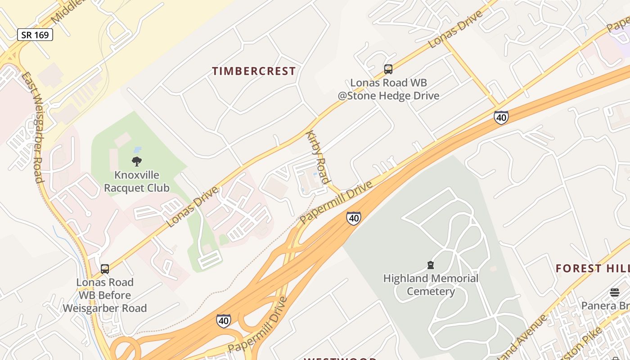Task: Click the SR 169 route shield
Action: coord(35,35)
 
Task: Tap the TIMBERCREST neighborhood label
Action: coord(254,71)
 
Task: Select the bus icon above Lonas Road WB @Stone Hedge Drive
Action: coord(388,69)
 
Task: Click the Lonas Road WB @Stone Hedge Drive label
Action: coord(388,89)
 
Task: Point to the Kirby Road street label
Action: coord(318,157)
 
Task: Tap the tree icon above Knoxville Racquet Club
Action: coord(137,162)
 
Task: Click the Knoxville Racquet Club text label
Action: coord(137,181)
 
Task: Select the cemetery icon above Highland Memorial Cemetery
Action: coord(431,265)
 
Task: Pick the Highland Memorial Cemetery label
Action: coord(431,285)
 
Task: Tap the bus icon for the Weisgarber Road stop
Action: coord(105,269)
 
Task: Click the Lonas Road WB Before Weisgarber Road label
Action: coord(105,295)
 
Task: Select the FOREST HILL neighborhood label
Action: coord(592,269)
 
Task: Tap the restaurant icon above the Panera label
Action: coord(615,292)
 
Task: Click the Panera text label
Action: coord(605,306)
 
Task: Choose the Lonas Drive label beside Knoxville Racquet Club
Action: coord(192,206)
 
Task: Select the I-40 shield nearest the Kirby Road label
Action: coord(354,218)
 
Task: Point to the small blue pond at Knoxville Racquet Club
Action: coord(137,149)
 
